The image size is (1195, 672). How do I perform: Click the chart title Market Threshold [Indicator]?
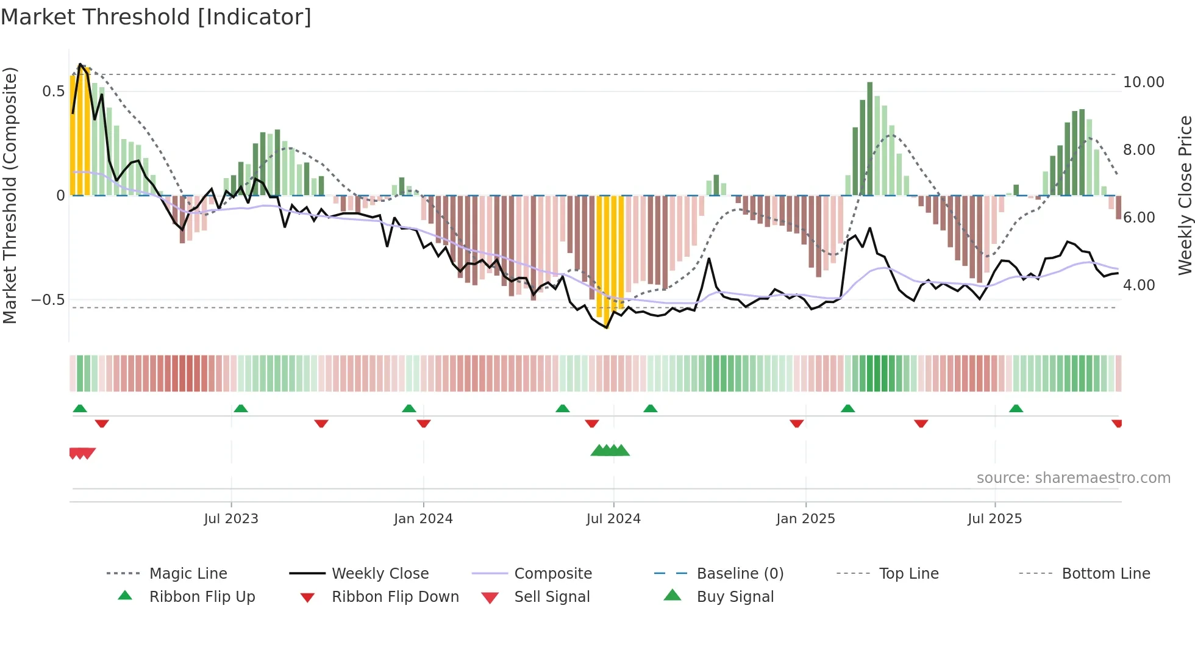click(156, 17)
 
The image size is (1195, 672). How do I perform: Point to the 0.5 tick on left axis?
click(53, 91)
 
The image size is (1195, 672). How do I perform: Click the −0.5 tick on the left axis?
click(48, 300)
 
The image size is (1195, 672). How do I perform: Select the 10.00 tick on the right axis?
click(1143, 82)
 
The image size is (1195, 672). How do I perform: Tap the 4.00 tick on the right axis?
click(1139, 285)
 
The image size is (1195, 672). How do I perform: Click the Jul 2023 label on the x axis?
click(231, 519)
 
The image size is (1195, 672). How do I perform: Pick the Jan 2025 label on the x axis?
click(805, 519)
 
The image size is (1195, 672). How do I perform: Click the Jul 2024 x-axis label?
click(613, 519)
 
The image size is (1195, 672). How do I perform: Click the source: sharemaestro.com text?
click(1073, 478)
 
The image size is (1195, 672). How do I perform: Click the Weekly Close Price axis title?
click(1185, 195)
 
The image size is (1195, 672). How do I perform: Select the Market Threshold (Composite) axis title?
click(10, 195)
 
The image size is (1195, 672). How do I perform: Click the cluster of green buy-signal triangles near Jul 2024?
click(610, 451)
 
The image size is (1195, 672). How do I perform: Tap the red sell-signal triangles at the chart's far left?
click(82, 453)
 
